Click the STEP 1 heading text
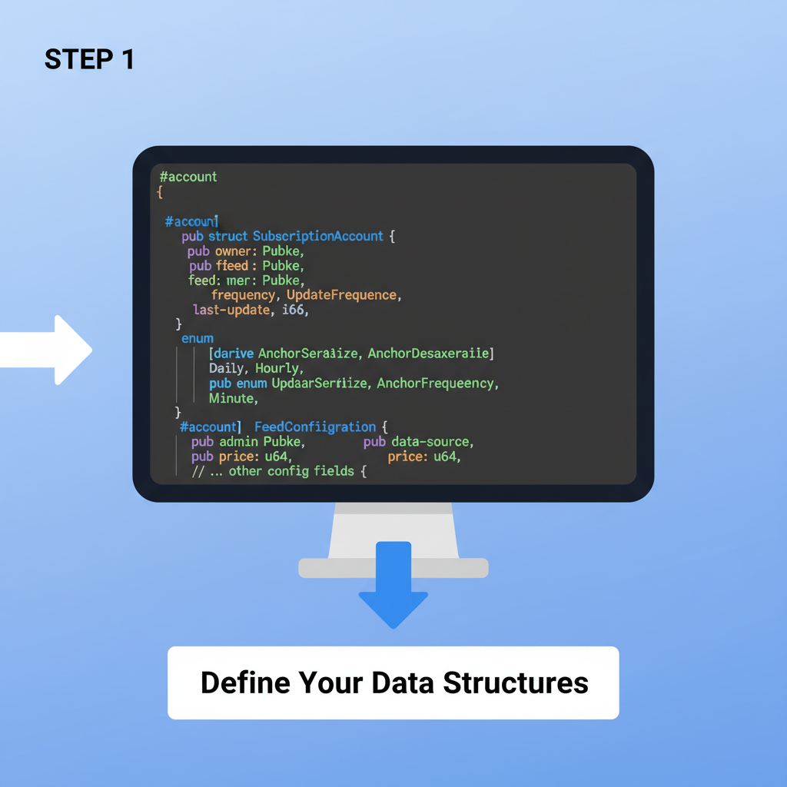point(89,59)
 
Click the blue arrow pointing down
point(393,584)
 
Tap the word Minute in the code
point(231,398)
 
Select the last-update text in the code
point(231,310)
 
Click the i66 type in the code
point(294,310)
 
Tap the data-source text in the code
point(431,442)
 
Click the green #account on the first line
point(188,177)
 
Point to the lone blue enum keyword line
point(198,338)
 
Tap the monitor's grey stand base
point(393,568)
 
